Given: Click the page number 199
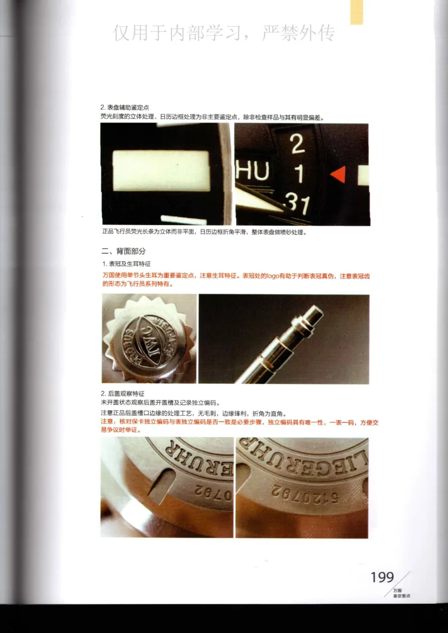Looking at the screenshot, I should click(x=382, y=578).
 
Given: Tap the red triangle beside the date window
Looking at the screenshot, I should click(x=338, y=175).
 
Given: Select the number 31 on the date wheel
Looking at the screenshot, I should click(x=297, y=205).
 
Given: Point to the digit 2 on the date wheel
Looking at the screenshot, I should click(x=297, y=145).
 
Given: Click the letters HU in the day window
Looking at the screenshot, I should click(x=253, y=171).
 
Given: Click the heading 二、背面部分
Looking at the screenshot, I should click(x=123, y=251).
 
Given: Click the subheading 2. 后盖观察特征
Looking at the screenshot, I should click(x=126, y=394).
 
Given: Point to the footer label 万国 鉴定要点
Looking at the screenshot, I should click(x=400, y=593).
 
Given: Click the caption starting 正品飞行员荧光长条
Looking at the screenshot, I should click(x=204, y=231).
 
